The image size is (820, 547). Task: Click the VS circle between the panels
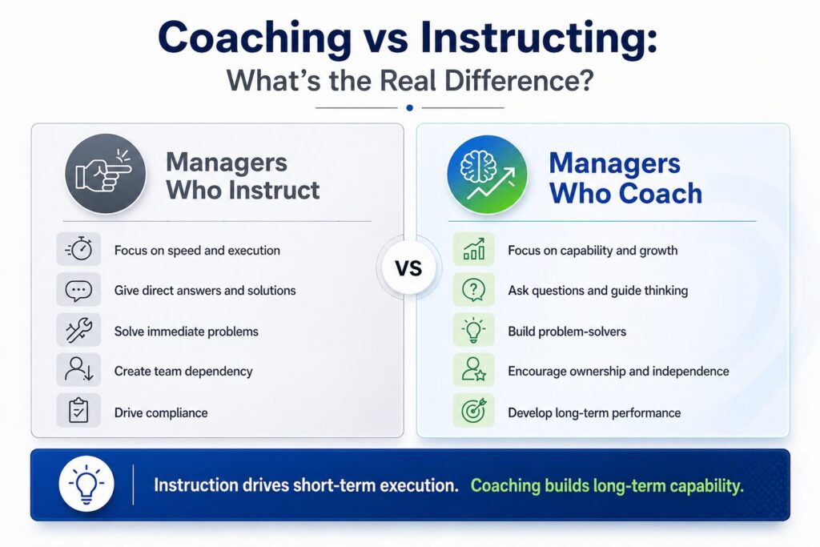click(x=408, y=268)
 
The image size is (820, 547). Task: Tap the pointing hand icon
click(x=105, y=174)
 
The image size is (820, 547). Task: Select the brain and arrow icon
click(x=488, y=175)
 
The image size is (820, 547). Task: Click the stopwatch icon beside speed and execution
click(x=79, y=249)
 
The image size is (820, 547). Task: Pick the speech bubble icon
click(x=79, y=290)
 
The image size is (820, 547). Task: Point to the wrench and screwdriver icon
click(x=79, y=331)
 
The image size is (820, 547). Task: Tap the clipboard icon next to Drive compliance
click(x=79, y=411)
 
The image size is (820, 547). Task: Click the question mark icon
click(x=474, y=290)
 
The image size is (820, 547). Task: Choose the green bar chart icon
click(x=474, y=249)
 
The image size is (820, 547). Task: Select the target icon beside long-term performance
click(x=474, y=411)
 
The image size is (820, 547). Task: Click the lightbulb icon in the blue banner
click(x=86, y=485)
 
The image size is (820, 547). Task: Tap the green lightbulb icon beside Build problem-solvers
click(x=474, y=331)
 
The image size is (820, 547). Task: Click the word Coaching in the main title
click(x=255, y=38)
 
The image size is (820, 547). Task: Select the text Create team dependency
click(x=183, y=372)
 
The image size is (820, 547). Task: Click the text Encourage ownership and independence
click(x=619, y=372)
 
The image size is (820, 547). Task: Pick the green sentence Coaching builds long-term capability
click(x=607, y=486)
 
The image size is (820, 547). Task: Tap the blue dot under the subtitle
click(x=409, y=108)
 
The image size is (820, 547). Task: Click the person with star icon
click(x=474, y=370)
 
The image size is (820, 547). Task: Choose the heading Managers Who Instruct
click(x=243, y=175)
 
